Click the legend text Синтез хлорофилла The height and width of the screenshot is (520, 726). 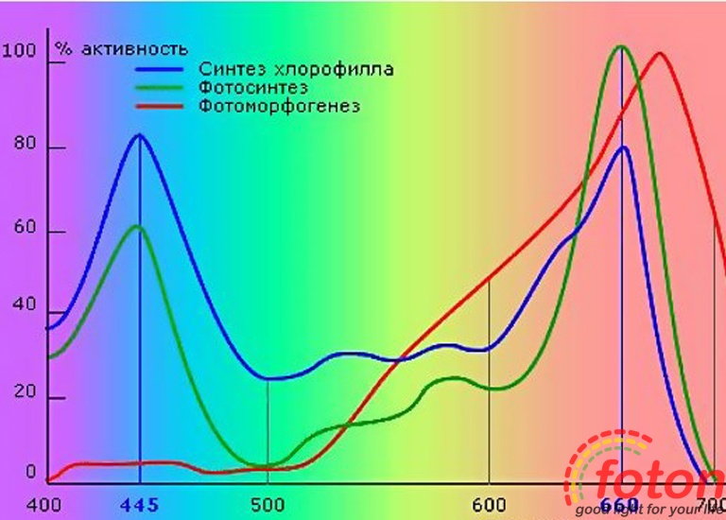(x=296, y=69)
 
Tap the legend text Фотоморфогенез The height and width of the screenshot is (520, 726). (x=279, y=106)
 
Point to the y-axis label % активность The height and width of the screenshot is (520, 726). (x=120, y=48)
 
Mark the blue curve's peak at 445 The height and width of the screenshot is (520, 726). (x=140, y=135)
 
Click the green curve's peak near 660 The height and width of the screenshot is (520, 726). (x=621, y=46)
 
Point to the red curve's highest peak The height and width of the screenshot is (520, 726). (x=659, y=53)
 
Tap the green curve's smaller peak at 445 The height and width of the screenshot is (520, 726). (x=138, y=226)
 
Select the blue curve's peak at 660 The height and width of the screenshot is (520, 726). (x=623, y=147)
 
